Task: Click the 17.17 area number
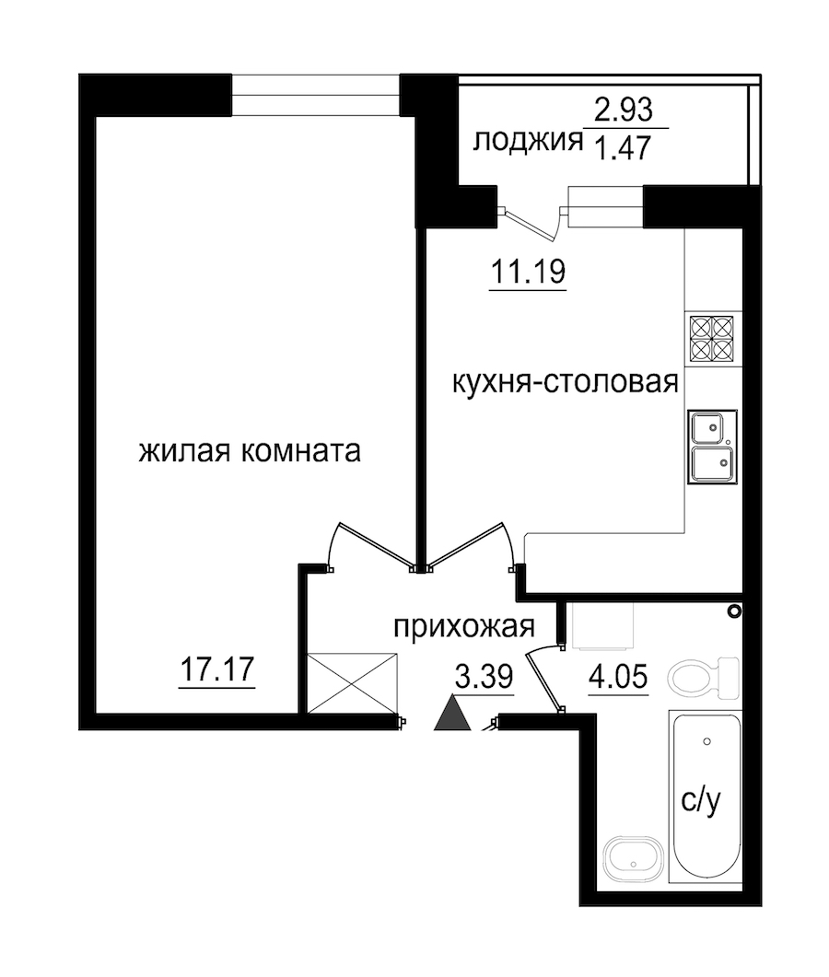[216, 669]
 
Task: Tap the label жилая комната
[250, 451]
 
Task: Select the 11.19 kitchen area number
[528, 271]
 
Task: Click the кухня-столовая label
[565, 381]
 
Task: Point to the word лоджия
[527, 142]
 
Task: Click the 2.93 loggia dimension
[624, 110]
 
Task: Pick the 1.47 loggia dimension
[624, 147]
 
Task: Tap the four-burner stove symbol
[711, 339]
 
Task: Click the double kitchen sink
[712, 446]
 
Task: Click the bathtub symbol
[706, 796]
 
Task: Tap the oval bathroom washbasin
[633, 858]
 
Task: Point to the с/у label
[701, 801]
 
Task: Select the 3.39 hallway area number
[485, 677]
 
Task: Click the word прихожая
[464, 627]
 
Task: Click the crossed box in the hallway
[353, 683]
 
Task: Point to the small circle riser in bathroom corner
[735, 611]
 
